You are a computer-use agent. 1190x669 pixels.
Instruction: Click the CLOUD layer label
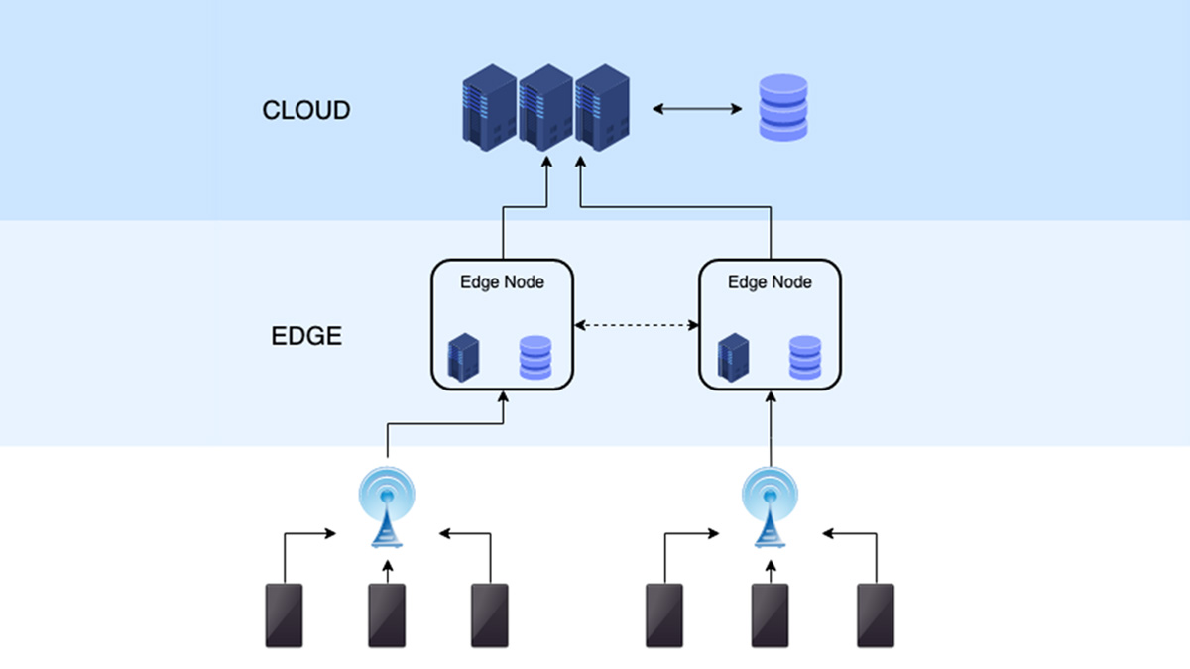pyautogui.click(x=305, y=110)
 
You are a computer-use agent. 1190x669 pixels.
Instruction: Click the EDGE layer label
pyautogui.click(x=306, y=336)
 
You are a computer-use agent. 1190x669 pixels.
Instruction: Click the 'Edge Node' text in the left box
pyautogui.click(x=502, y=282)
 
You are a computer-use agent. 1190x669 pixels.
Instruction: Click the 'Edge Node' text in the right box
pyautogui.click(x=770, y=282)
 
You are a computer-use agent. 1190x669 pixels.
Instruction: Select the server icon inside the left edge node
pyautogui.click(x=464, y=358)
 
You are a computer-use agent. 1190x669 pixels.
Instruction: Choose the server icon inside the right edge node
pyautogui.click(x=733, y=358)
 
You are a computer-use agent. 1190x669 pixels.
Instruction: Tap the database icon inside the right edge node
pyautogui.click(x=805, y=358)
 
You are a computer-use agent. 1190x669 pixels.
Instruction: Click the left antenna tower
pyautogui.click(x=387, y=506)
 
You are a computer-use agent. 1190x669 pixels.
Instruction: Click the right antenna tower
pyautogui.click(x=770, y=506)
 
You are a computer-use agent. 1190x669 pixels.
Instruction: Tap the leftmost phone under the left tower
pyautogui.click(x=284, y=615)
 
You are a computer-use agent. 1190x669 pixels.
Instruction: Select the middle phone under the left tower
pyautogui.click(x=387, y=615)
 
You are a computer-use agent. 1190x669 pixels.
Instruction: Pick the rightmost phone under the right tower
pyautogui.click(x=876, y=615)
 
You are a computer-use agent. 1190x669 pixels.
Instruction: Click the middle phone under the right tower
pyautogui.click(x=770, y=615)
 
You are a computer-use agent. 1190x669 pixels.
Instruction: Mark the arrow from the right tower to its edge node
pyautogui.click(x=770, y=426)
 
